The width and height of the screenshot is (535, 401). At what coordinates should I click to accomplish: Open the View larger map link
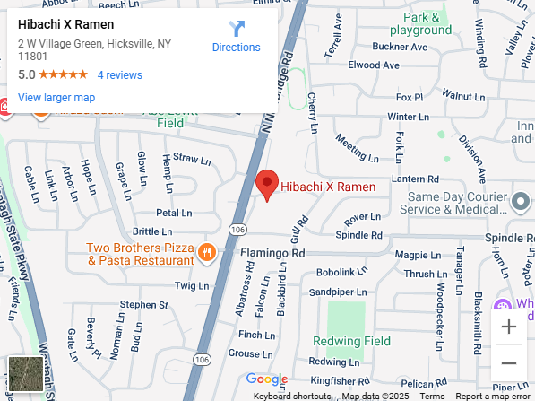coord(56,97)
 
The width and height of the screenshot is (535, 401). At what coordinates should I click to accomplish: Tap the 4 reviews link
coord(119,75)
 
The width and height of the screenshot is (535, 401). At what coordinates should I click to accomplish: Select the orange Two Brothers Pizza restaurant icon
coord(207,252)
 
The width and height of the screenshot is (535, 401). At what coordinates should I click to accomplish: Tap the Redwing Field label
coord(351,341)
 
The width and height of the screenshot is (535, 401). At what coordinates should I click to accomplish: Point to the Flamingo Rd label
coord(272,254)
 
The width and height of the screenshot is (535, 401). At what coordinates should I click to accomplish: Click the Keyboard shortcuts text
coord(291,396)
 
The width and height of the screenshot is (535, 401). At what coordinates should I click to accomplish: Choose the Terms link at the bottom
coord(432,396)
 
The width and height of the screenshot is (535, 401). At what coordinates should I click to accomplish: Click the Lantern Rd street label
coord(415,179)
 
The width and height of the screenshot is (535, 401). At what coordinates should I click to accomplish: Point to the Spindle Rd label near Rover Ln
coord(358,235)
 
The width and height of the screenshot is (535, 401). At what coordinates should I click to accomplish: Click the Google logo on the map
coord(266,379)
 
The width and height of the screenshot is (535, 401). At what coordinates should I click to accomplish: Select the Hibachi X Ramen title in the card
coord(65,24)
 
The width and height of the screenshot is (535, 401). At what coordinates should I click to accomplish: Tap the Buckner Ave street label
coord(374,46)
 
